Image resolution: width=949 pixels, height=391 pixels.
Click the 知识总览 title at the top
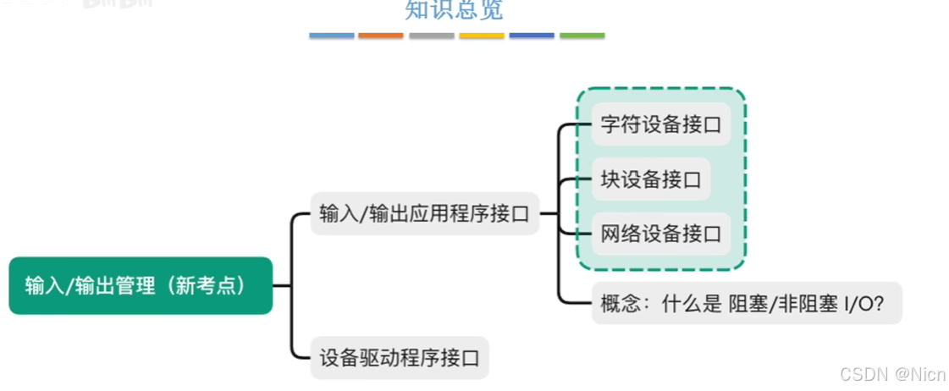(x=454, y=10)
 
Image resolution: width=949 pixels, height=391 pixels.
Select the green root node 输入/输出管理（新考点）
(x=141, y=286)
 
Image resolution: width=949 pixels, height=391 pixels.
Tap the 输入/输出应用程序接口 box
(x=424, y=213)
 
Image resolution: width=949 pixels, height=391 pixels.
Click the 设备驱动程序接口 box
(x=400, y=357)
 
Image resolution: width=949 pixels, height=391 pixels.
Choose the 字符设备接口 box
(x=660, y=124)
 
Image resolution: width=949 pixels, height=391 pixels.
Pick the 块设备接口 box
(x=650, y=179)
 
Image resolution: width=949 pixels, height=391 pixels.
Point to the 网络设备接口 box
(x=660, y=234)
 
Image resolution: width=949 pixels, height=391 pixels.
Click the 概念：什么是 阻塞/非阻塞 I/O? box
(x=746, y=303)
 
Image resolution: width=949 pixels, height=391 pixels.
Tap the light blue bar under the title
(x=331, y=36)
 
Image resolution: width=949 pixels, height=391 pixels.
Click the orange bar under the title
(x=381, y=36)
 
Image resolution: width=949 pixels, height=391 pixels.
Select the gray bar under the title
(x=431, y=36)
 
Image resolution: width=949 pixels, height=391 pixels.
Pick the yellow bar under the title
(x=481, y=36)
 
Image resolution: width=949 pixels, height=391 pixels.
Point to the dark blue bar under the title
(x=532, y=36)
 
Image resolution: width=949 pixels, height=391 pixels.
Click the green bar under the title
(x=582, y=36)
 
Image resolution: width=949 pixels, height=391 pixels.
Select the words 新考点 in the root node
(x=206, y=286)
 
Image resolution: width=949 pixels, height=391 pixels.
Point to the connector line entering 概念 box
(x=571, y=300)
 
